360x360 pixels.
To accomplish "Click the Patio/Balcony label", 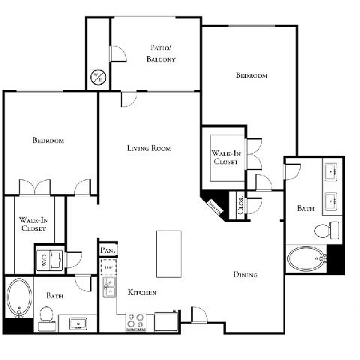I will tap(162, 53).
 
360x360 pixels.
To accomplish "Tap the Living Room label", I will tap(148, 148).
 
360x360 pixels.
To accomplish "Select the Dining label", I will tap(244, 275).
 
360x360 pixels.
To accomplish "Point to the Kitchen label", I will tap(142, 292).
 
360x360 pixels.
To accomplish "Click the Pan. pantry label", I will tap(106, 250).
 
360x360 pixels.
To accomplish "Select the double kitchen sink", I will tap(109, 286).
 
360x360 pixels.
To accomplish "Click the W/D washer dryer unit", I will tap(44, 259).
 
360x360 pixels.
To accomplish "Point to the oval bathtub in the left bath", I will tap(18, 298).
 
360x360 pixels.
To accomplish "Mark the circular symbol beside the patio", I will tap(97, 76).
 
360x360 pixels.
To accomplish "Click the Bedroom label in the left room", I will tap(47, 141).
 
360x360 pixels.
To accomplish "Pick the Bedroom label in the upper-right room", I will tap(251, 76).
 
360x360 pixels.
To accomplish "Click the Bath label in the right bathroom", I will tap(305, 208).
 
